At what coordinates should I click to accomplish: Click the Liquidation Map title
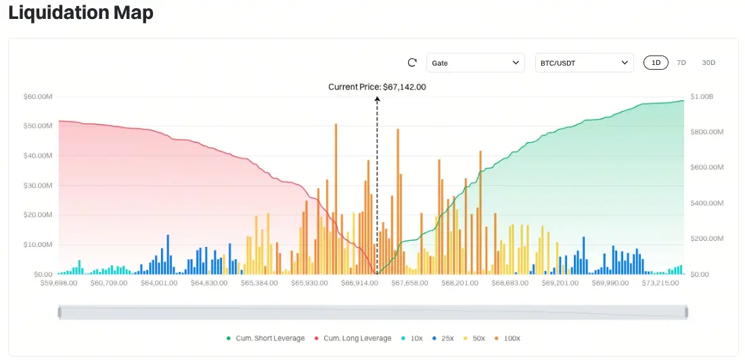coord(81,13)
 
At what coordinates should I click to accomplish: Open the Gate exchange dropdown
coord(475,63)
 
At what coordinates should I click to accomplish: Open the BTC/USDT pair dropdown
coord(584,63)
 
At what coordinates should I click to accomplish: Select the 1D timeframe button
coord(656,63)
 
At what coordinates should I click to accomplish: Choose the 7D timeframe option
coord(681,63)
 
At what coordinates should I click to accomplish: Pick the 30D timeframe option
coord(708,63)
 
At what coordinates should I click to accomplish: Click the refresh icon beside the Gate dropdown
coord(412,63)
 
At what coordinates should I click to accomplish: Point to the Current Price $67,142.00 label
coord(377,87)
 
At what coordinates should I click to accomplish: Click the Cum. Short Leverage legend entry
coord(265,338)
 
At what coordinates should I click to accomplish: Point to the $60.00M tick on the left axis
coord(38,97)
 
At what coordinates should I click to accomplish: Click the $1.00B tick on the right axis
coord(700,97)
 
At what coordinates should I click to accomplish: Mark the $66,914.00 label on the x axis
coord(359,283)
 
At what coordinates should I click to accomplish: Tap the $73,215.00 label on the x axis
coord(660,283)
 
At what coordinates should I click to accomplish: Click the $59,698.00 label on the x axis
coord(59,283)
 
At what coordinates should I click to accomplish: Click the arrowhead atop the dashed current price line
coord(377,99)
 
